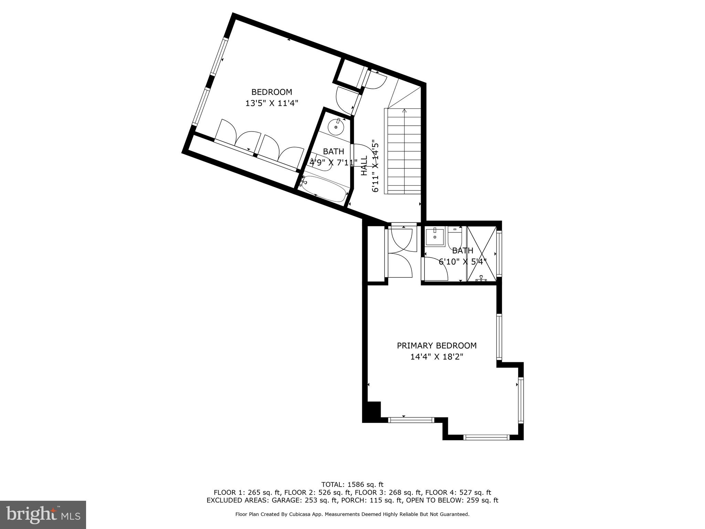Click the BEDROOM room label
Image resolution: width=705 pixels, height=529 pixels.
pyautogui.click(x=272, y=92)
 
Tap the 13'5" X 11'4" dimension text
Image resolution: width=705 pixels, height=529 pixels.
pyautogui.click(x=272, y=103)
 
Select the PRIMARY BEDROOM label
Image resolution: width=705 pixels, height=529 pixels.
pyautogui.click(x=436, y=345)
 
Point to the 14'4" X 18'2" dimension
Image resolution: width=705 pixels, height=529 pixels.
pyautogui.click(x=436, y=357)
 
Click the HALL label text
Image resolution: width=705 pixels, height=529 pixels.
pyautogui.click(x=364, y=166)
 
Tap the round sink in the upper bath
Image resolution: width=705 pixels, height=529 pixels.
pyautogui.click(x=336, y=127)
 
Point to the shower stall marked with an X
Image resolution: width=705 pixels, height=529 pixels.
pyautogui.click(x=481, y=253)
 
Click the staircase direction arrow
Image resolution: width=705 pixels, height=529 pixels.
pyautogui.click(x=404, y=111)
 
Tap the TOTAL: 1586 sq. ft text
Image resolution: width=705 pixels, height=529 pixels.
pyautogui.click(x=352, y=485)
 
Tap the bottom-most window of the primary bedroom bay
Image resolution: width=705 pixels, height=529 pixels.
pyautogui.click(x=486, y=437)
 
